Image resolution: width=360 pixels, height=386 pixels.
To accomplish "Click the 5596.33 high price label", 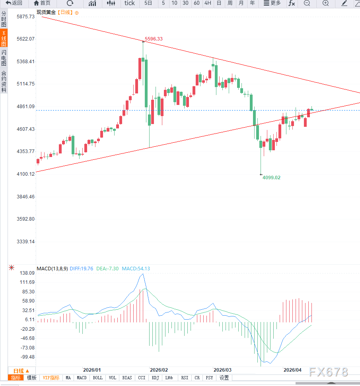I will coord(154,39).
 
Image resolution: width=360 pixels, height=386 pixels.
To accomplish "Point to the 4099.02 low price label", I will coord(271,178).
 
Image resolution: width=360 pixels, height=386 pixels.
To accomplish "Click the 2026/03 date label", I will coord(222,370).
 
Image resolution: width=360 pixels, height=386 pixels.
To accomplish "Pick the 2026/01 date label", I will coord(92,370).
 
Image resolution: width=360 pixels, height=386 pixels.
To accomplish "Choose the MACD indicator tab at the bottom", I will coord(82,378).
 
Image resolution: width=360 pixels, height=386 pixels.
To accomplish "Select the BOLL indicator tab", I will coord(97,378).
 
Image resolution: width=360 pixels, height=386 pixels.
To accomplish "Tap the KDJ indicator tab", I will coord(155,378).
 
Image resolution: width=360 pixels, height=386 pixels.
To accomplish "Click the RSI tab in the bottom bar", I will coord(185,378).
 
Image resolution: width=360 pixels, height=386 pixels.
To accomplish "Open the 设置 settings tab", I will coord(224,378).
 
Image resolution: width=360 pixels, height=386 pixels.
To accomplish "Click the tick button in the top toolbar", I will coord(130,3).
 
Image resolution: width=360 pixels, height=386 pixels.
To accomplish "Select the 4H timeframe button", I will coord(208,3).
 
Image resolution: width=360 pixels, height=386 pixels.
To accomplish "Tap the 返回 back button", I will coord(14,3).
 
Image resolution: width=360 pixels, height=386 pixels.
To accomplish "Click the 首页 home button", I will coord(42,3).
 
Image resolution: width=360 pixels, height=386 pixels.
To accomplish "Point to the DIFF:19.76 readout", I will coord(82,269).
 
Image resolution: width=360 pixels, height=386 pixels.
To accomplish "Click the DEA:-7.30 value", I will coord(107,269).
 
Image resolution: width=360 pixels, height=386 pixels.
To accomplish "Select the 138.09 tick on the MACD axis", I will coord(27,273).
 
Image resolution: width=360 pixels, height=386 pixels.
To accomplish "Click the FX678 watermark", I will coord(329,372).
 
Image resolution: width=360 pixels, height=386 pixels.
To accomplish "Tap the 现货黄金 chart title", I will coord(46,12).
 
